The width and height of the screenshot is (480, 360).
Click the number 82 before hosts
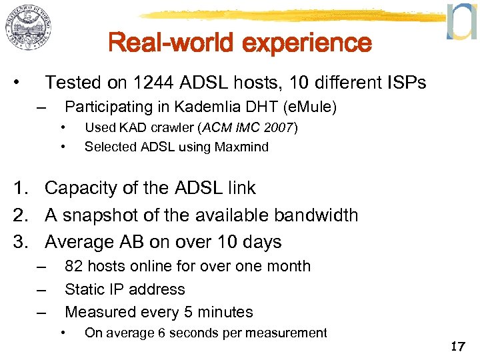click(74, 266)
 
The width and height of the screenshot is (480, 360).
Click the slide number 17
click(457, 346)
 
